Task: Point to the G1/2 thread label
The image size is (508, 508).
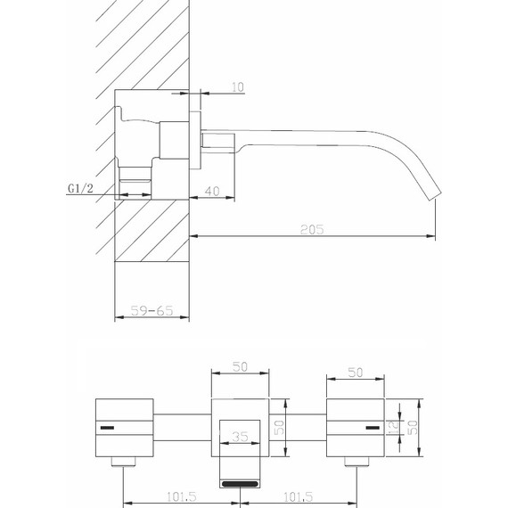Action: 82,189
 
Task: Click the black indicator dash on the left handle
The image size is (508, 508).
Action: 107,429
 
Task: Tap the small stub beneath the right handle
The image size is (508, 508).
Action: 356,461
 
